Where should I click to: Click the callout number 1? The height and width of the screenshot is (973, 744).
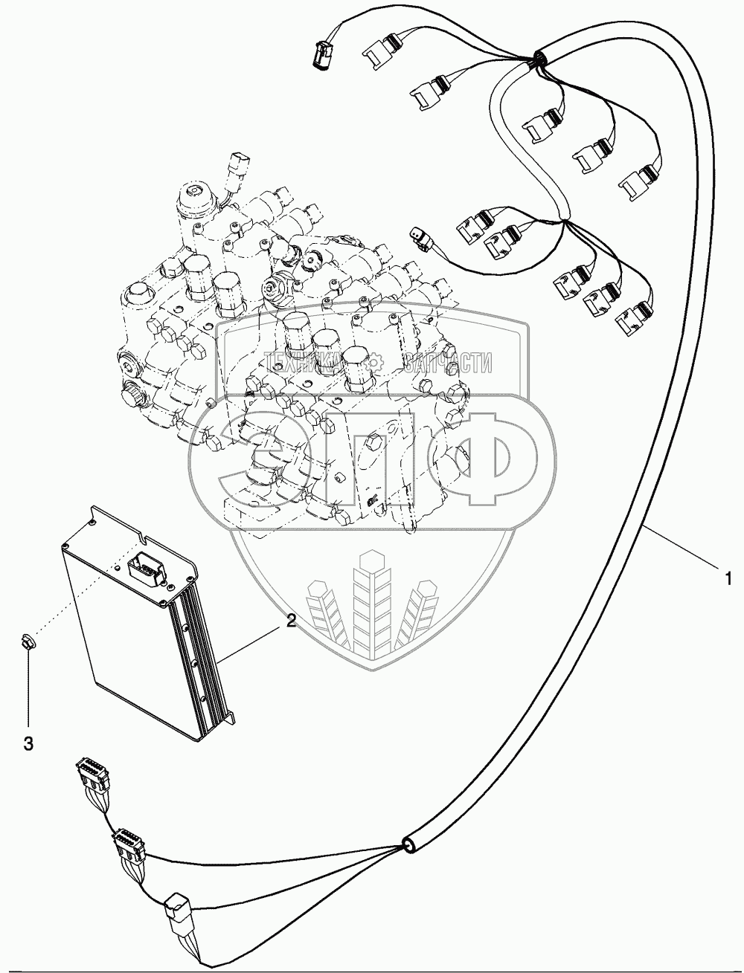click(x=728, y=579)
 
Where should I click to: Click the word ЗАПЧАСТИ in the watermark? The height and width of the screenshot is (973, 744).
click(x=449, y=363)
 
